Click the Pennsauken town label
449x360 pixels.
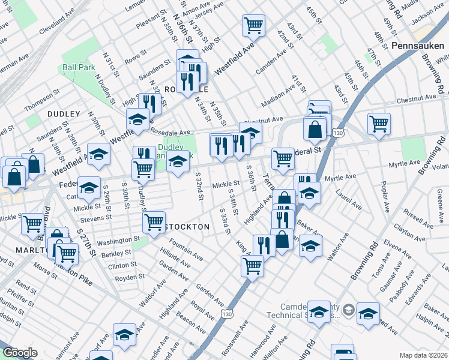click(x=416, y=46)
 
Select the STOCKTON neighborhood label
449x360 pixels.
click(x=188, y=227)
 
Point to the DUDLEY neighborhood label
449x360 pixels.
click(x=65, y=114)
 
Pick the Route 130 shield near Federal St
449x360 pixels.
click(x=339, y=132)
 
